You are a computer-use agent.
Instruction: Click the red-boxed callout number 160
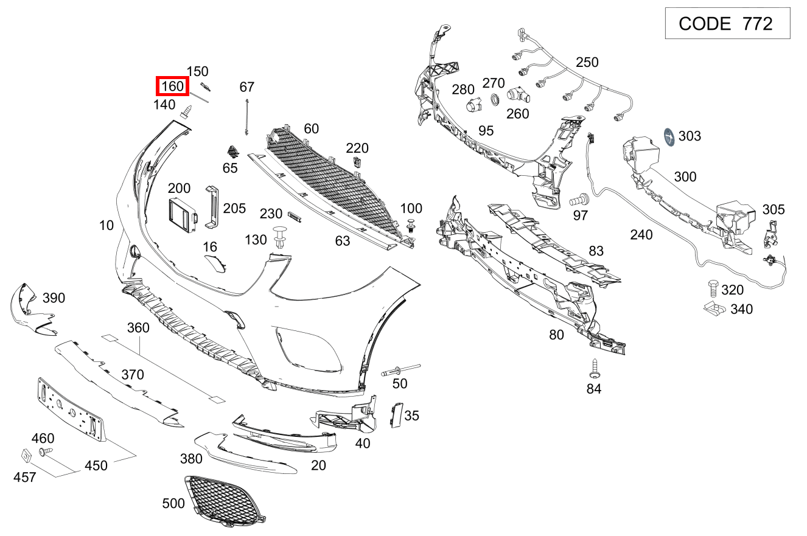[173, 86]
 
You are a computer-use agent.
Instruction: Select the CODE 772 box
[727, 24]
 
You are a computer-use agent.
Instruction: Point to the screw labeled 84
[595, 368]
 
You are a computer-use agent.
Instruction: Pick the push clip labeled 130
[279, 237]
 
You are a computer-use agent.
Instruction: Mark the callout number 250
[587, 62]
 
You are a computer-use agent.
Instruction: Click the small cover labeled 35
[396, 415]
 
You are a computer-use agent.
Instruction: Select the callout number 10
[107, 226]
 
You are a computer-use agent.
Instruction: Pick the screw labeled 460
[46, 452]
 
